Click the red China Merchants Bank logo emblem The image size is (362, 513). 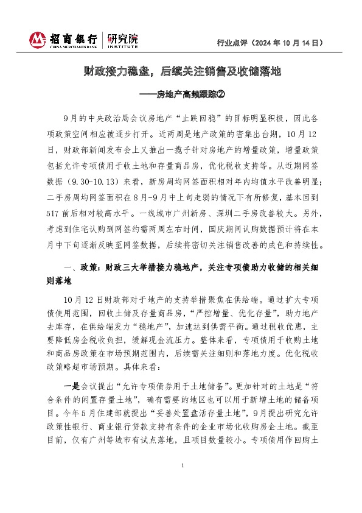pyautogui.click(x=38, y=40)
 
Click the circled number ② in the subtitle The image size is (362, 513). pyautogui.click(x=221, y=94)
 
